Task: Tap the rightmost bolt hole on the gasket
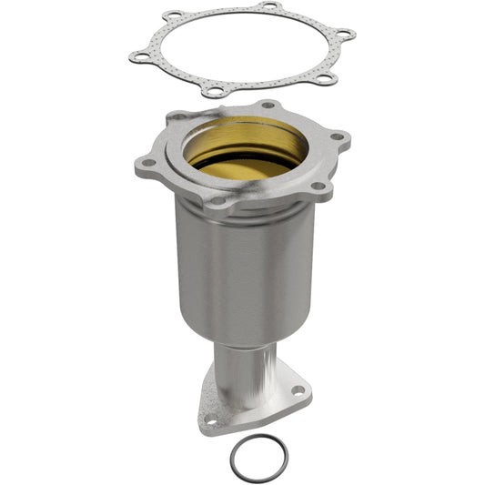tap(344, 35)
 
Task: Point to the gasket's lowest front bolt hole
tap(213, 91)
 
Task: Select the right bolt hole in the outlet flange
tap(298, 390)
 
